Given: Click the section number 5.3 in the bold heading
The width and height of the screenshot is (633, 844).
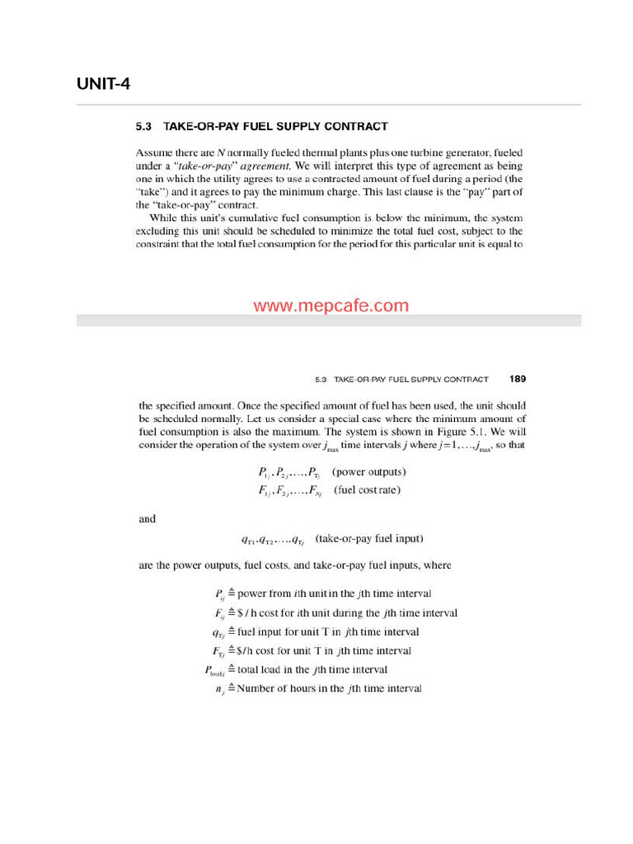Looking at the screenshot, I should click(145, 127).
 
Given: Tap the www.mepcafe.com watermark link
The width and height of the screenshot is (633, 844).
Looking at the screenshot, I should click(331, 306).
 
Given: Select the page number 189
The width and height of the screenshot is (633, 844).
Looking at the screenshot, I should click(518, 379).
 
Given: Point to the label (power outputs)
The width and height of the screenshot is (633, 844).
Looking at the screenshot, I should click(368, 472).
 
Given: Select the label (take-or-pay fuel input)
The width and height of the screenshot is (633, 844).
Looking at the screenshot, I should click(369, 539).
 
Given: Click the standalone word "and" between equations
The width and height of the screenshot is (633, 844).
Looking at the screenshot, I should click(147, 519).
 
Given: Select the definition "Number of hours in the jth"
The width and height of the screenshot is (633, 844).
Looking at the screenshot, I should click(329, 688).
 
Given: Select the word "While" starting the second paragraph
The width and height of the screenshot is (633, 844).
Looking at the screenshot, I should click(165, 218).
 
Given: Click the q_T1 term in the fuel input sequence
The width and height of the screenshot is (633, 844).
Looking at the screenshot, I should click(247, 540).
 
